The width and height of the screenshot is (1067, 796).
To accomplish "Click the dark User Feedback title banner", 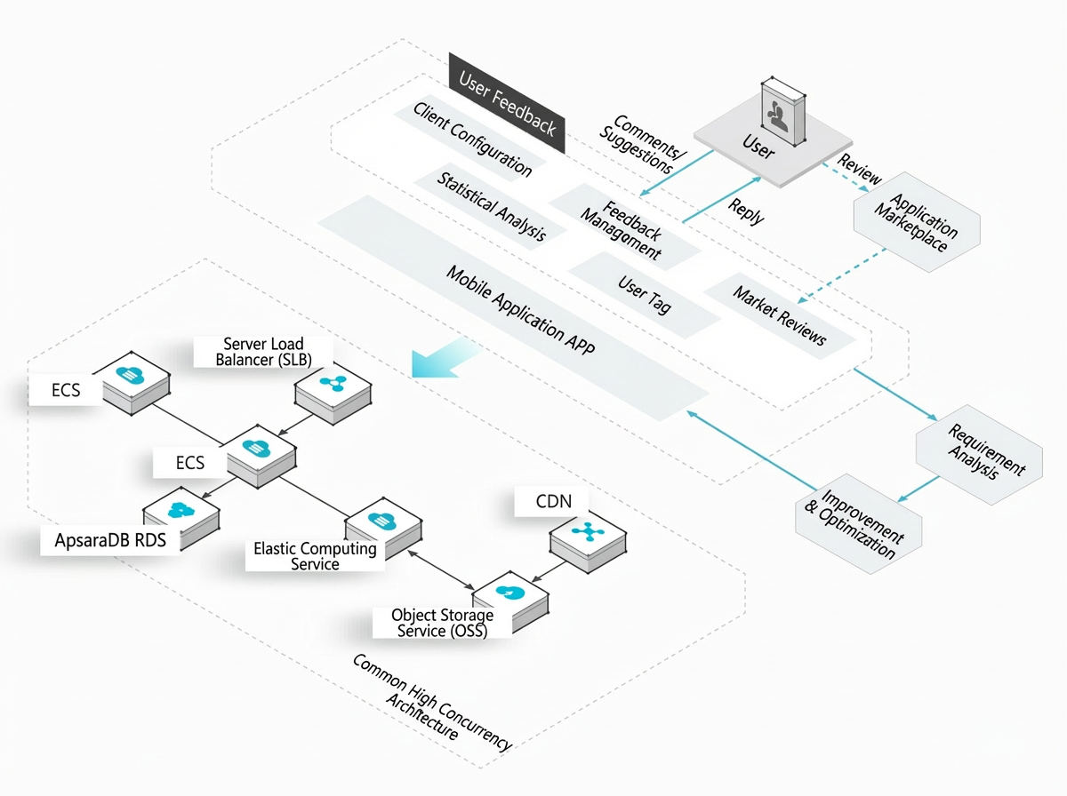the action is [x=507, y=103].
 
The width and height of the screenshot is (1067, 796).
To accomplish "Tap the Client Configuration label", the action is [x=472, y=139].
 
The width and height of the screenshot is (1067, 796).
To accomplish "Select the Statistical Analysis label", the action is [x=492, y=206].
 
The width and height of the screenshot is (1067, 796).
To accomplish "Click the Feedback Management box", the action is [x=625, y=227].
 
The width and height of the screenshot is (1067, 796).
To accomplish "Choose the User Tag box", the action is [x=645, y=294].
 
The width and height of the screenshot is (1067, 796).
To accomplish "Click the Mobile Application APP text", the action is [x=521, y=310].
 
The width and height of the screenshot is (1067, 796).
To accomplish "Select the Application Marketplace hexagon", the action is [x=917, y=222].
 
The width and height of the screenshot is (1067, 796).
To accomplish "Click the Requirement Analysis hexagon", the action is [x=979, y=455].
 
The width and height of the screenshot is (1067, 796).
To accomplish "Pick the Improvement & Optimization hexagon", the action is [x=858, y=524].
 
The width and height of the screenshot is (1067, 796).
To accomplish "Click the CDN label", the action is [x=553, y=501].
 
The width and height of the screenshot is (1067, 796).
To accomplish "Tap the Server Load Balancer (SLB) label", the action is [x=263, y=352].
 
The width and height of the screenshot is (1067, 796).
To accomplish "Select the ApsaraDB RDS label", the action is [x=110, y=540].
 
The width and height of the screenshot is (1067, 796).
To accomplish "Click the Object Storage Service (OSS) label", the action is [x=442, y=623].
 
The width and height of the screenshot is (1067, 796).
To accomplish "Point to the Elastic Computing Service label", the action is [x=315, y=556].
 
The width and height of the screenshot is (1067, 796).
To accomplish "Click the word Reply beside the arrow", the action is [x=746, y=211].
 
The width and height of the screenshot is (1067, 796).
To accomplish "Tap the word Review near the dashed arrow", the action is [x=859, y=169].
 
